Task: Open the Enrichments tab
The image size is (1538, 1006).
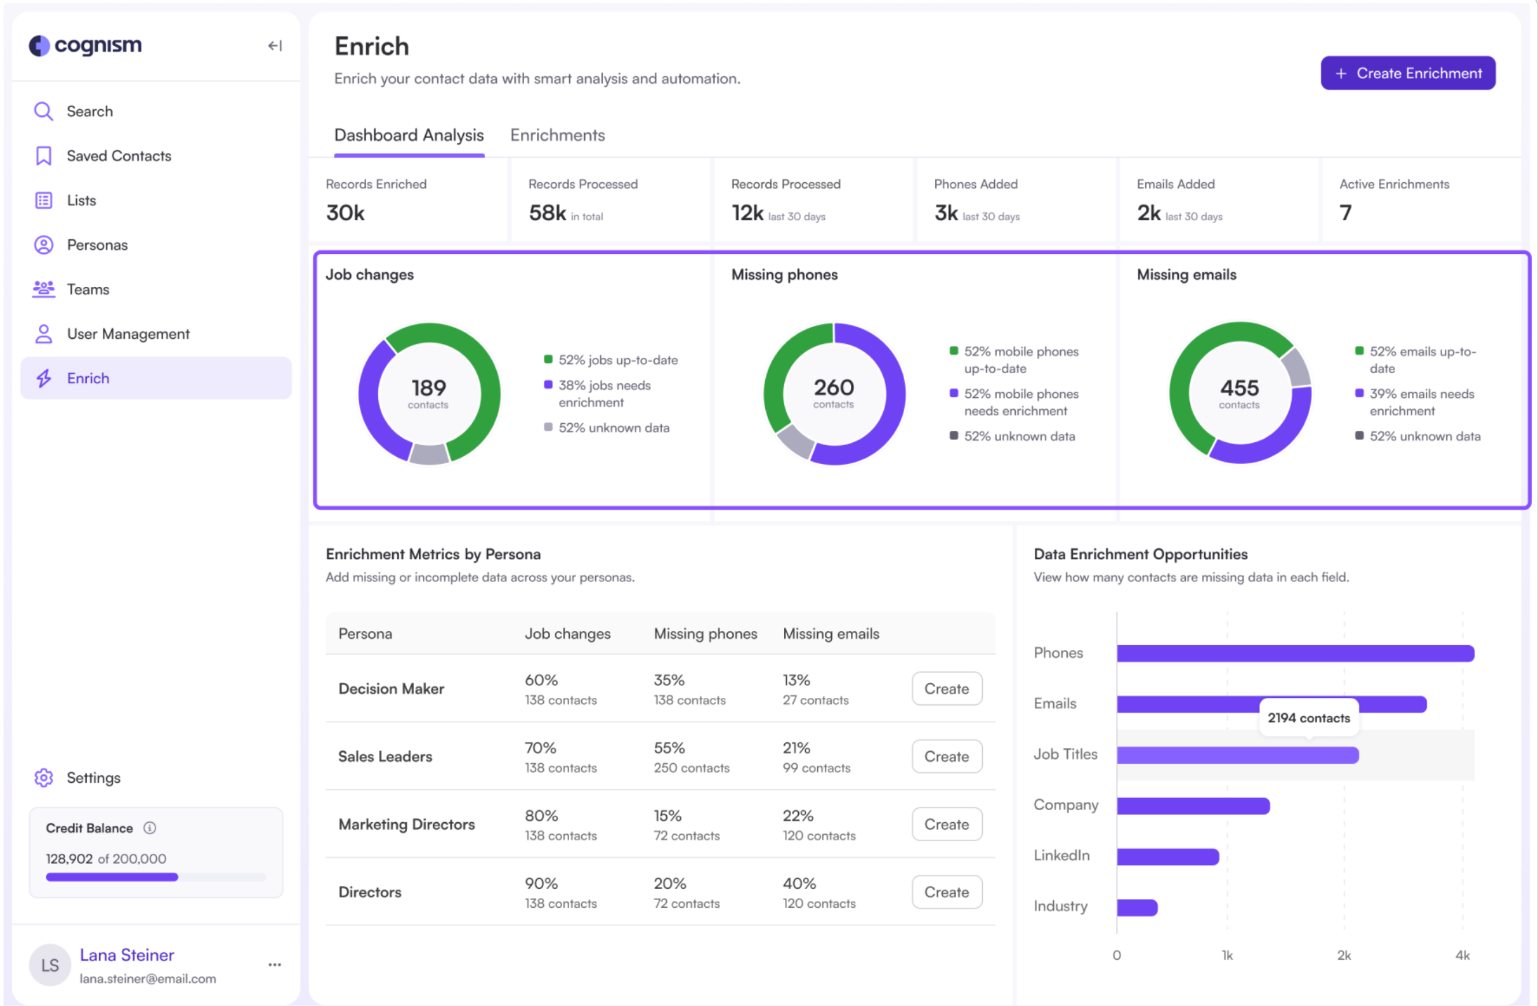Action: [557, 135]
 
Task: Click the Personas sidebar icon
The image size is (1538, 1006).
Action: [43, 245]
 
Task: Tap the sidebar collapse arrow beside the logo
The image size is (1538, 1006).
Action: [275, 46]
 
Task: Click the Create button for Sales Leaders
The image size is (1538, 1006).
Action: [946, 756]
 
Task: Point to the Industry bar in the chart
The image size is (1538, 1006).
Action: [1136, 907]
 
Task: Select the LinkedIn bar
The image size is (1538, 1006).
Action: [1167, 856]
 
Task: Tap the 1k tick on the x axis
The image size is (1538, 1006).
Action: [1226, 955]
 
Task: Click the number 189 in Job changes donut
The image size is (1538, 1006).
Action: [429, 388]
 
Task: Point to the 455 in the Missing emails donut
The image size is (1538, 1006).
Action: [1239, 388]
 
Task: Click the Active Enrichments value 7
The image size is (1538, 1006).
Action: [1345, 213]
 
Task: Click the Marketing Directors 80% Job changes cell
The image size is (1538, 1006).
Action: [541, 815]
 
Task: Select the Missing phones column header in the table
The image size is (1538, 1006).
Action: [705, 633]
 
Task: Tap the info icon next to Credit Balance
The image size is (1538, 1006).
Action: [149, 828]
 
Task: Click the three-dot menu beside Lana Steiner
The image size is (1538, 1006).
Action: [275, 964]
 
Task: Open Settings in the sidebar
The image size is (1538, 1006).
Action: [93, 777]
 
